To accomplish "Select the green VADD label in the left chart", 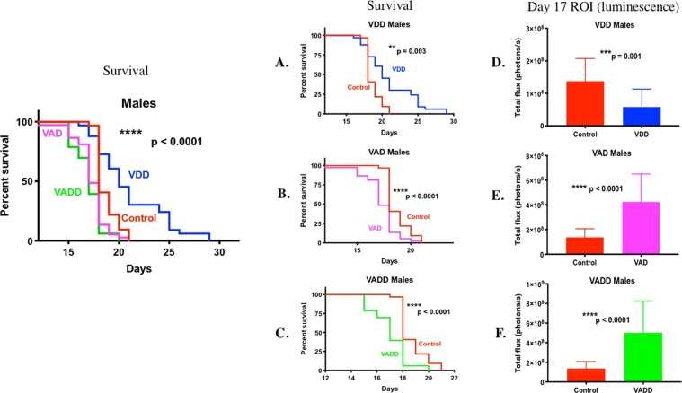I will (66, 192).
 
